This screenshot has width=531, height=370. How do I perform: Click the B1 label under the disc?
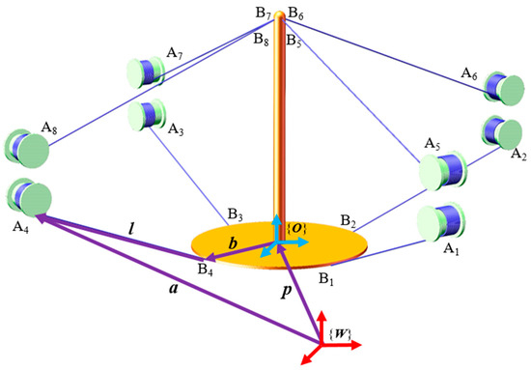tap(330, 278)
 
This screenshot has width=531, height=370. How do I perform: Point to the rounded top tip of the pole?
tap(279, 14)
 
